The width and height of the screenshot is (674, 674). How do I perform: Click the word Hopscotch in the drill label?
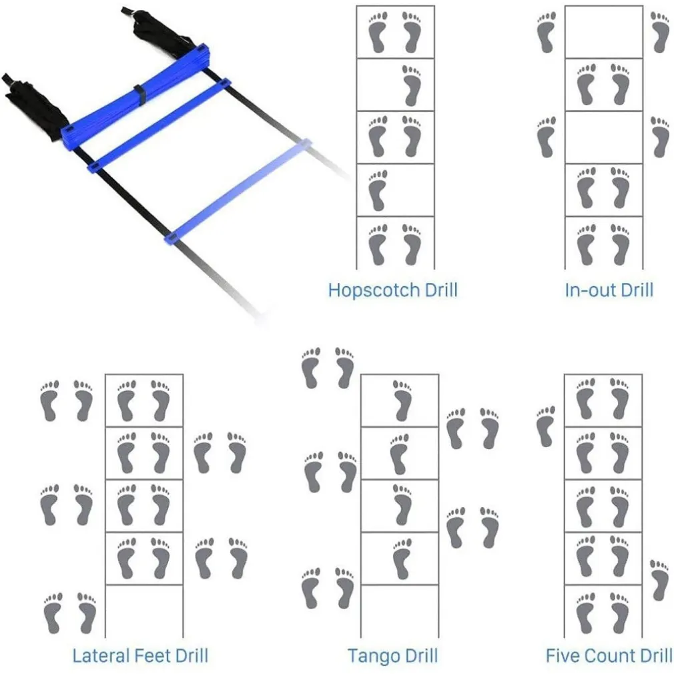pyautogui.click(x=374, y=290)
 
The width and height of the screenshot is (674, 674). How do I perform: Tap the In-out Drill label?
pyautogui.click(x=609, y=290)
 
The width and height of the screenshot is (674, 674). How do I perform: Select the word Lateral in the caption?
pyautogui.click(x=101, y=656)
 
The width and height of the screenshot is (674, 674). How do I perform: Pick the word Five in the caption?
pyautogui.click(x=563, y=656)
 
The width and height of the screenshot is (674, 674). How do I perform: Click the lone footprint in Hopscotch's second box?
pyautogui.click(x=412, y=85)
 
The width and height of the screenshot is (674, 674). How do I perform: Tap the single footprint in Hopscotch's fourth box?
pyautogui.click(x=378, y=190)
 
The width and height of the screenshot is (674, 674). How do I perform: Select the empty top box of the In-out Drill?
pyautogui.click(x=604, y=32)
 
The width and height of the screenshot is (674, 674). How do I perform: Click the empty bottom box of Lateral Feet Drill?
pyautogui.click(x=144, y=611)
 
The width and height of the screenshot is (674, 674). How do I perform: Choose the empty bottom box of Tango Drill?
pyautogui.click(x=400, y=611)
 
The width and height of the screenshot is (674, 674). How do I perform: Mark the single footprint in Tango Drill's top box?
pyautogui.click(x=402, y=400)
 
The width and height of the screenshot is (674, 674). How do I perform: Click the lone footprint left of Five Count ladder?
pyautogui.click(x=546, y=426)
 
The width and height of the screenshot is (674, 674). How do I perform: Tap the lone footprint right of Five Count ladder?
pyautogui.click(x=660, y=581)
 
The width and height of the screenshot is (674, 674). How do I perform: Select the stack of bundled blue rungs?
pyautogui.click(x=135, y=95)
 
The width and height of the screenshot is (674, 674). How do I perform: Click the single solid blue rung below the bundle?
pyautogui.click(x=159, y=125)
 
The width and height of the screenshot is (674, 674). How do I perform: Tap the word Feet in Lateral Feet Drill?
pyautogui.click(x=153, y=656)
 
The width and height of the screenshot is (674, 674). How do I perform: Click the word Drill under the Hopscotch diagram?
pyautogui.click(x=441, y=290)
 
